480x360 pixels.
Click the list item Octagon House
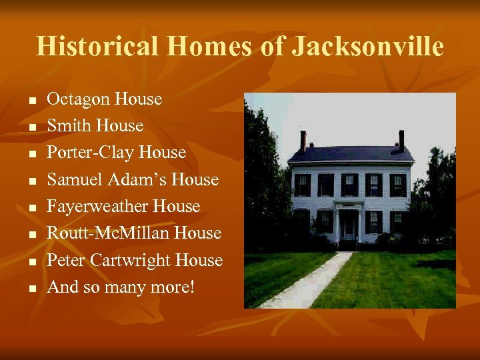tap(104, 99)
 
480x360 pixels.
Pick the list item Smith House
tap(95, 126)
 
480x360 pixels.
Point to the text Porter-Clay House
tap(116, 153)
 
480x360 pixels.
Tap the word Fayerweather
tap(98, 207)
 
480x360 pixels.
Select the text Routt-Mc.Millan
tap(110, 233)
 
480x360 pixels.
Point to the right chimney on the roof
tap(401, 139)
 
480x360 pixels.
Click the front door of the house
tap(349, 227)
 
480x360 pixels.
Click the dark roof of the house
tap(350, 154)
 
